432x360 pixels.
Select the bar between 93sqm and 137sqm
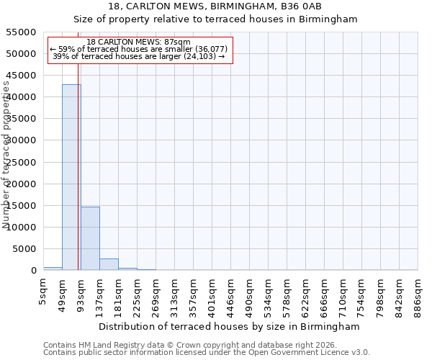[x=90, y=238]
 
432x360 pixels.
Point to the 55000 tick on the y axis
[x=22, y=32]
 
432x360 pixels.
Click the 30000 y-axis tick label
[x=22, y=140]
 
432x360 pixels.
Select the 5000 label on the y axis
[x=25, y=249]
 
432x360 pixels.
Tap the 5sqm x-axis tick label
[x=43, y=290]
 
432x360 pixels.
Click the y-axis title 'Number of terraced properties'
[x=6, y=155]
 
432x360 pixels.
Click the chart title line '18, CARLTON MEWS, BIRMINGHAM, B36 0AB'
[x=216, y=6]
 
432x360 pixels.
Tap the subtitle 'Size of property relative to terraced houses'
[x=216, y=19]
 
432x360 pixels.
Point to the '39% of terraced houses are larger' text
[x=139, y=56]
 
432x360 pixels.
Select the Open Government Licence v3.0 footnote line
[x=207, y=353]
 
